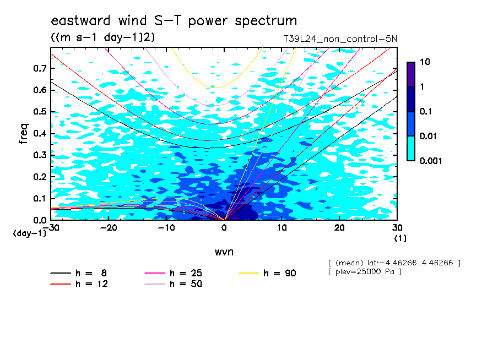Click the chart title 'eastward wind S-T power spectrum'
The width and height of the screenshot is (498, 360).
click(x=174, y=20)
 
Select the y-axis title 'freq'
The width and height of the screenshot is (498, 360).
click(x=24, y=134)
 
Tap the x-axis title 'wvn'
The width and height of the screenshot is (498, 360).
click(x=224, y=252)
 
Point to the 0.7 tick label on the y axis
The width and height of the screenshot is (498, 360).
click(x=40, y=68)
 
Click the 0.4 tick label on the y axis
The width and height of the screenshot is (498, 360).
click(x=40, y=133)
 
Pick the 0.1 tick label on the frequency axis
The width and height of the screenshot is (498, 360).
click(x=40, y=198)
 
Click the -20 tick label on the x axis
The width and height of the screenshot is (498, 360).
click(x=109, y=228)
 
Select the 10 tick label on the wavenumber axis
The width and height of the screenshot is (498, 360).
click(x=282, y=228)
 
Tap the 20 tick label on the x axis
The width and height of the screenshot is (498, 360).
click(x=339, y=228)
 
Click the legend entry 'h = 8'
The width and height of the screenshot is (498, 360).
click(x=79, y=273)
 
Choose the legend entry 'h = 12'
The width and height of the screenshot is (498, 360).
click(x=79, y=283)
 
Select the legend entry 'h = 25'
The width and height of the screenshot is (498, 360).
click(x=173, y=273)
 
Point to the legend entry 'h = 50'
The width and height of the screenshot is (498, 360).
click(x=173, y=283)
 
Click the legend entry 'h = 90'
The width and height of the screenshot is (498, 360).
click(x=267, y=273)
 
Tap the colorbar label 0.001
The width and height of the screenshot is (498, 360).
click(x=431, y=161)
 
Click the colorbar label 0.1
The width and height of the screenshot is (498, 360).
click(x=426, y=111)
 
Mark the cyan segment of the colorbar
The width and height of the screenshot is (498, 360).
click(x=411, y=148)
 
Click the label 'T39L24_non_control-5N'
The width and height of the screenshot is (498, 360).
click(x=340, y=39)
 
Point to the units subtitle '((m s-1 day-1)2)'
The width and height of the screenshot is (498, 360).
click(x=103, y=37)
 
